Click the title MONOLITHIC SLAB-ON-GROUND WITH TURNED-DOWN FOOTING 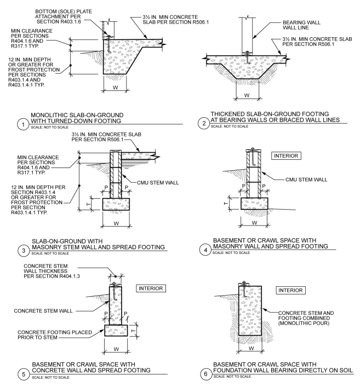pyautogui.click(x=83, y=118)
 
